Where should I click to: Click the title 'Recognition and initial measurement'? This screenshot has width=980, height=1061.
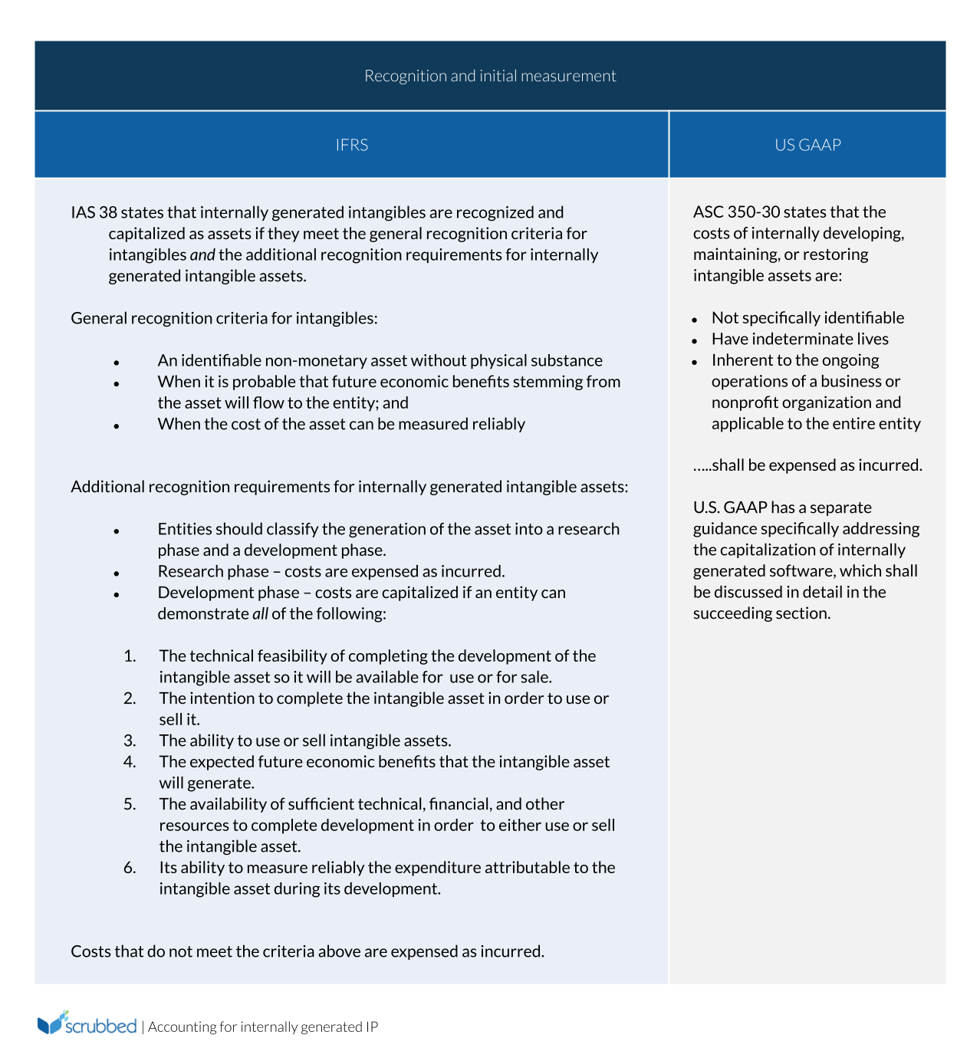coord(490,76)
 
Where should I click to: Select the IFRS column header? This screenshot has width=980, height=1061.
coord(351,145)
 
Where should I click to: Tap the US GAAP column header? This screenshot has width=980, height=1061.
coord(807,145)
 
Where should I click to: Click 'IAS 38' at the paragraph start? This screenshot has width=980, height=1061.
coord(94,212)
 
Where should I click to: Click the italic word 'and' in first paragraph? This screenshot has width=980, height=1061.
coord(202,255)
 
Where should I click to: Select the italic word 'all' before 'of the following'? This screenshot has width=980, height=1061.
coord(260,614)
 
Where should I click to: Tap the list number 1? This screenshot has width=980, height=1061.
coord(130,656)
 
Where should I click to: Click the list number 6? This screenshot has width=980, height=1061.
coord(130,868)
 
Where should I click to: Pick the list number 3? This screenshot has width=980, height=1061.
coord(130,741)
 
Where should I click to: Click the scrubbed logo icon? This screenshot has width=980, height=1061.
coord(53,1023)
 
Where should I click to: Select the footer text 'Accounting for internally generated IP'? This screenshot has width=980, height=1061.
coord(263,1027)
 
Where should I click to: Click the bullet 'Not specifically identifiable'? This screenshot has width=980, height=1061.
coord(807,318)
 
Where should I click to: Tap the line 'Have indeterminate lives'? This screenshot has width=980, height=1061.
coord(800,339)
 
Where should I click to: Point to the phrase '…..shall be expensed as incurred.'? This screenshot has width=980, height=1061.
coord(807,465)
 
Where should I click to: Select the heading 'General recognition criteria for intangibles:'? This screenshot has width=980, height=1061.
coord(224,318)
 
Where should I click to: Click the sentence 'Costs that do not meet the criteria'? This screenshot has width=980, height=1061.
coord(307,951)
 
